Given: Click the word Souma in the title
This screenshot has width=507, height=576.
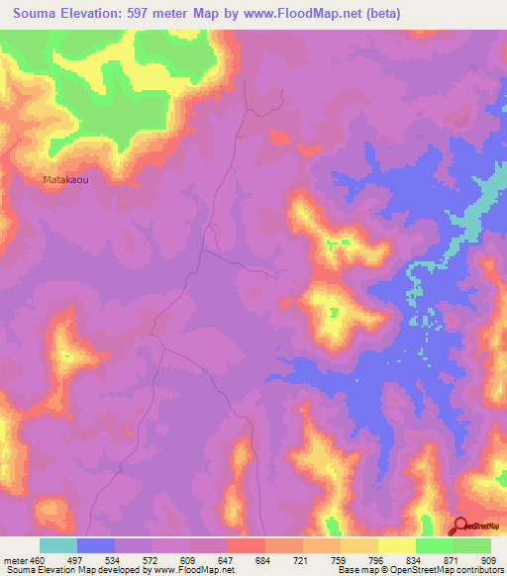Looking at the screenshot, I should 36,13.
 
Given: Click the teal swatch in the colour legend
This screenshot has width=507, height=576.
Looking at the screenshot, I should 58,545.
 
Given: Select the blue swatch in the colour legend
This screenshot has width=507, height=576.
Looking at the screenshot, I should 96,545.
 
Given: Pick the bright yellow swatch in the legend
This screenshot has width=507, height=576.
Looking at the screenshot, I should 396,545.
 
